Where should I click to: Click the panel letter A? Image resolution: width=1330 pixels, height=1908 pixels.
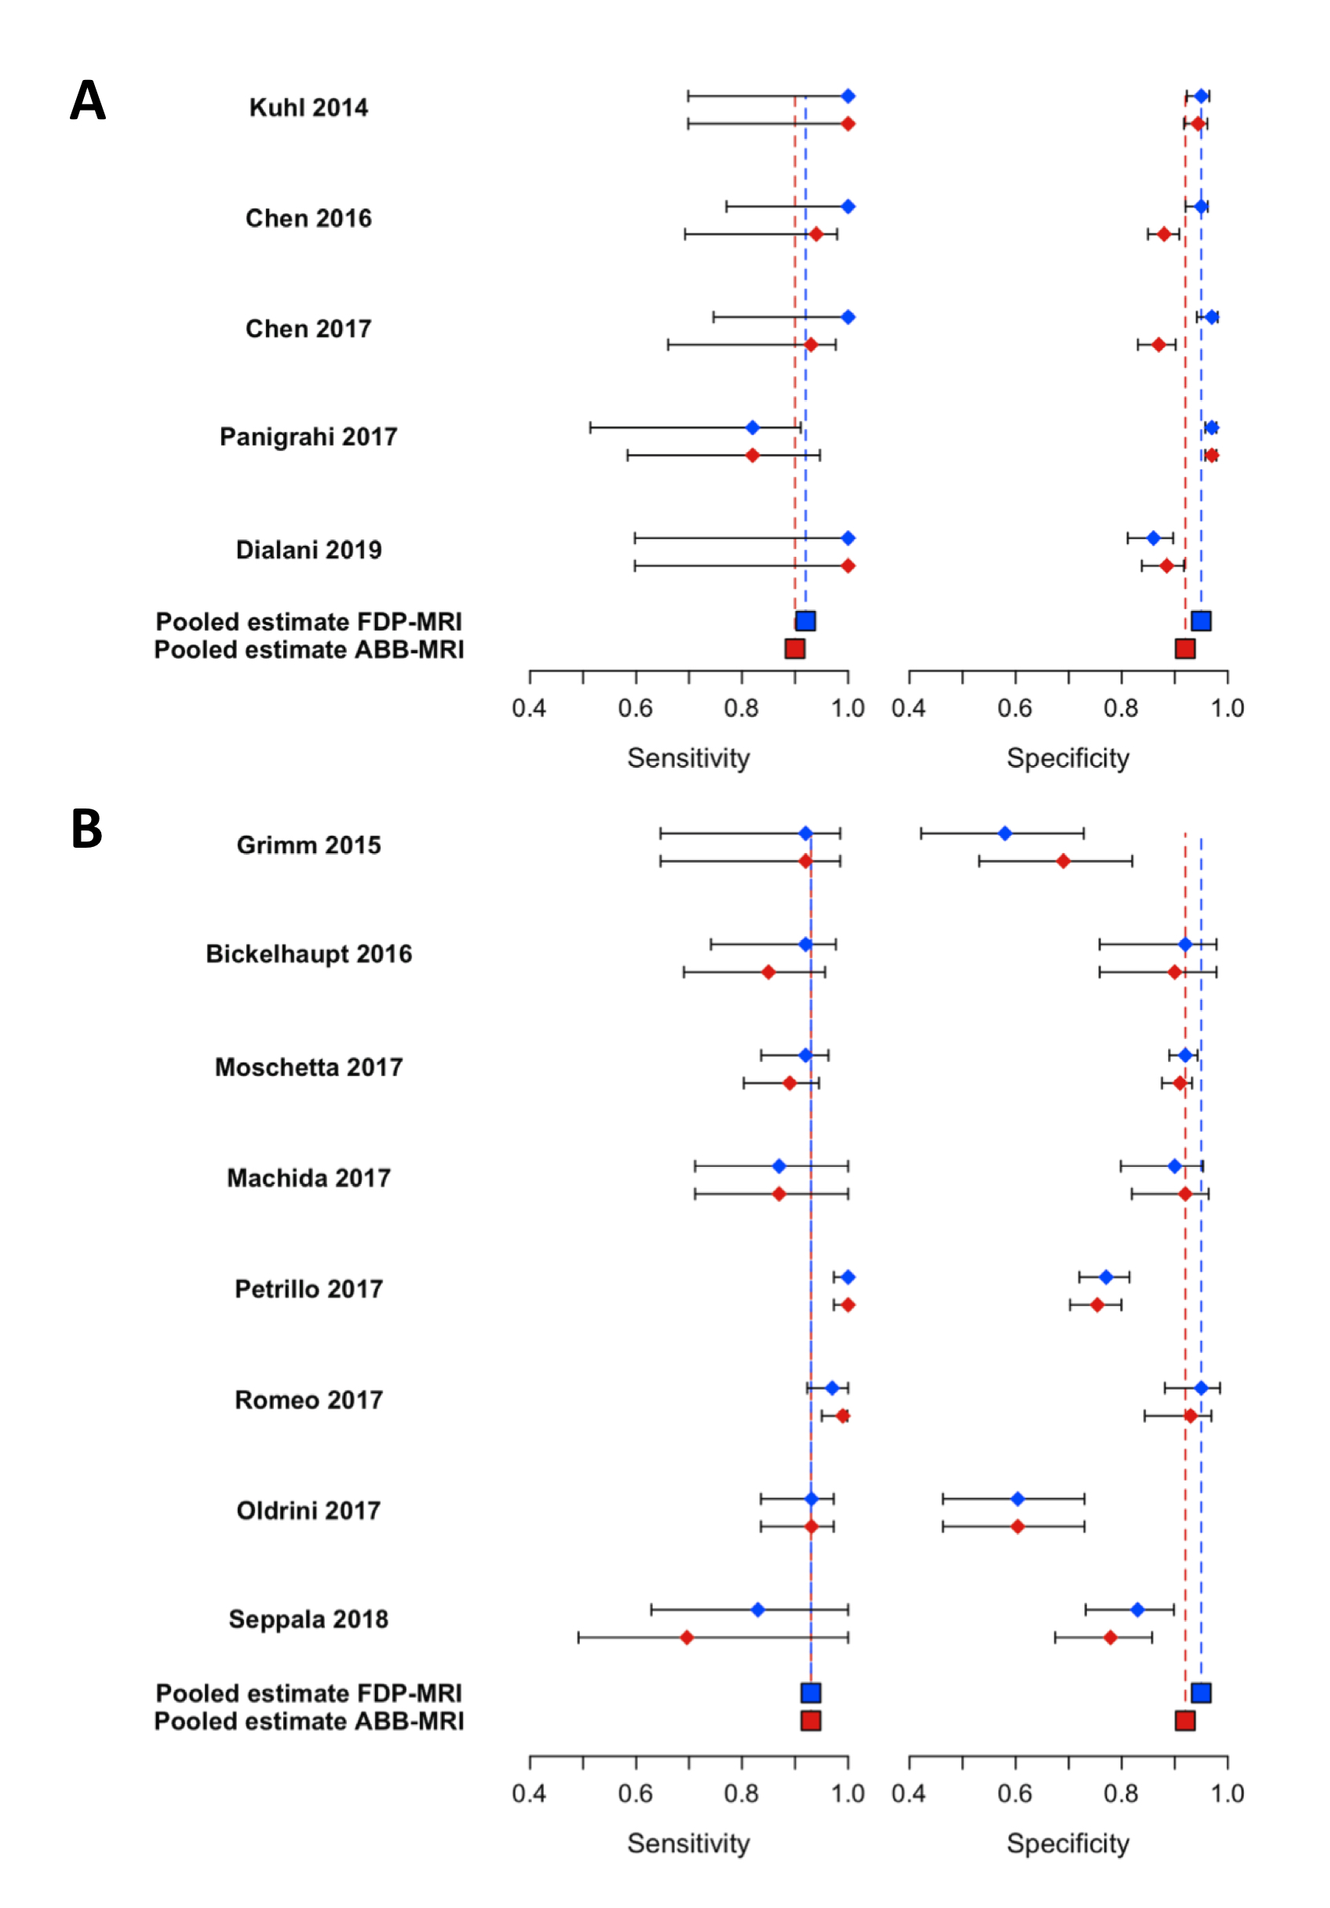pyautogui.click(x=87, y=100)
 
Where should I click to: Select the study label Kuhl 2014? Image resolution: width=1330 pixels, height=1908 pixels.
pyautogui.click(x=308, y=108)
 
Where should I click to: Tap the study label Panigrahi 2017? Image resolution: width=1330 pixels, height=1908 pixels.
pyautogui.click(x=308, y=437)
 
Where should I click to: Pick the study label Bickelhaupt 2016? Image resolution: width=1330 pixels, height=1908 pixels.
pyautogui.click(x=308, y=954)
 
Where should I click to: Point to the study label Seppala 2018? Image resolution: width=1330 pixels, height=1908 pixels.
pyautogui.click(x=308, y=1619)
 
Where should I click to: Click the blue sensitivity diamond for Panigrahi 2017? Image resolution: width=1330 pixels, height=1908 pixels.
pyautogui.click(x=752, y=428)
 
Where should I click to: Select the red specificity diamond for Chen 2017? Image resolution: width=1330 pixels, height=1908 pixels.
pyautogui.click(x=1159, y=345)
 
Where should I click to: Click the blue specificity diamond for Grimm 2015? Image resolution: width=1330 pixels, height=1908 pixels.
pyautogui.click(x=1005, y=834)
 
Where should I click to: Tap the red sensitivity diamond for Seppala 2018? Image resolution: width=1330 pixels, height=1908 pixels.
pyautogui.click(x=687, y=1638)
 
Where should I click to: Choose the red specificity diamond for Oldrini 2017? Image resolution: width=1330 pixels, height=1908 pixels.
pyautogui.click(x=1018, y=1527)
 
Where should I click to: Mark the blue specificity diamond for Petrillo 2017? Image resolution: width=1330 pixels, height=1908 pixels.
pyautogui.click(x=1106, y=1277)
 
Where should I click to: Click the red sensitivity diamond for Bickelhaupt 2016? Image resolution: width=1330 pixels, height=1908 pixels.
pyautogui.click(x=768, y=972)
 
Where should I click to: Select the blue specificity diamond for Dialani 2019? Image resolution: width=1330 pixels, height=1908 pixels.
pyautogui.click(x=1153, y=539)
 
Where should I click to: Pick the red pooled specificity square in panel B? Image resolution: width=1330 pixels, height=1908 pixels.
pyautogui.click(x=1186, y=1721)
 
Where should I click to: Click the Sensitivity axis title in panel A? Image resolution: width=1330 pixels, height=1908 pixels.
pyautogui.click(x=688, y=758)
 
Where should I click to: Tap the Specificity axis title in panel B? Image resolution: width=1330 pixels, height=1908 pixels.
pyautogui.click(x=1067, y=1843)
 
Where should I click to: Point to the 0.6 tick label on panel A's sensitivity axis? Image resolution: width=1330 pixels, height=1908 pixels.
pyautogui.click(x=635, y=709)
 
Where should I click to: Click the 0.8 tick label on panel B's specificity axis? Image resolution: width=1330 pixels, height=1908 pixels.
pyautogui.click(x=1120, y=1794)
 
